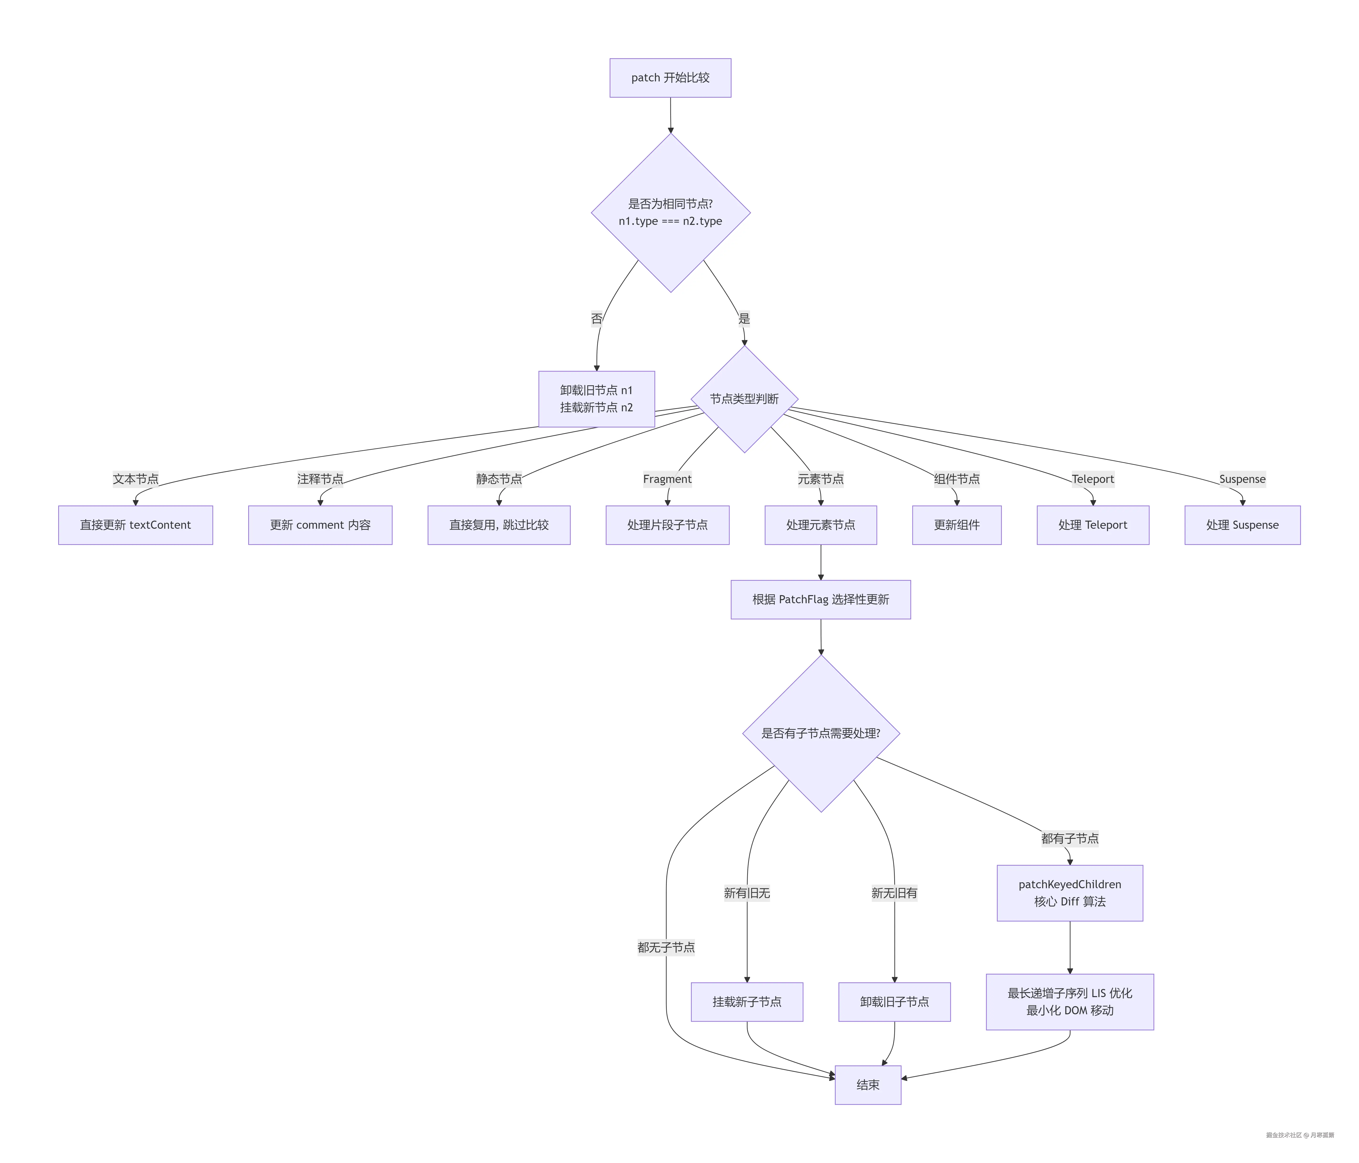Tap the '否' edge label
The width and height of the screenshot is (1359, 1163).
pos(596,319)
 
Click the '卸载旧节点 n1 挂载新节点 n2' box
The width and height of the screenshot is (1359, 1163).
pos(596,399)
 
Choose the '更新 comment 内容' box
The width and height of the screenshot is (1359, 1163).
pos(320,525)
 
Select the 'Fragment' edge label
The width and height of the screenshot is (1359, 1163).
pos(667,479)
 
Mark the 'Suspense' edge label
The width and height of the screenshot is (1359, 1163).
pos(1242,479)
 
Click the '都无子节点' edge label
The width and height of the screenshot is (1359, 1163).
pos(666,947)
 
